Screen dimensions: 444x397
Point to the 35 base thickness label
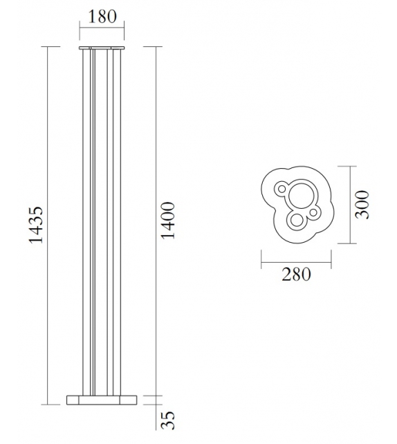tap(167, 421)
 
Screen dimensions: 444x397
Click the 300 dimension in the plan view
tap(362, 204)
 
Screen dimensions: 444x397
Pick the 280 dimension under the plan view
tap(296, 275)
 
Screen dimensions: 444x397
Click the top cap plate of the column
tap(102, 48)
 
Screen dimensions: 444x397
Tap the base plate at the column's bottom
tap(102, 399)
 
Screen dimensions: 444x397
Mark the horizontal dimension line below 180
tap(102, 29)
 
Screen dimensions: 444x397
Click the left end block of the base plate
tap(72, 399)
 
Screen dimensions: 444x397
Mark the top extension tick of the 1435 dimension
tap(47, 47)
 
